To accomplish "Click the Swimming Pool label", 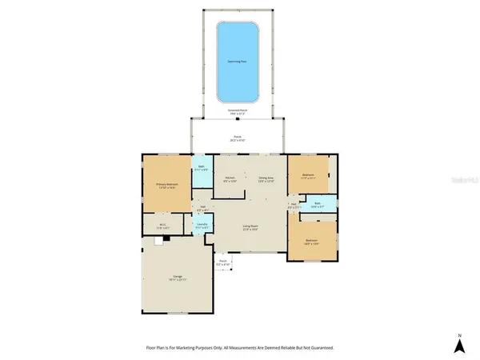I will tap(236, 59).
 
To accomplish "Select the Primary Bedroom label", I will tap(167, 186).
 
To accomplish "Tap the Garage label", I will tap(177, 277).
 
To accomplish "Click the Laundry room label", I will tap(202, 226).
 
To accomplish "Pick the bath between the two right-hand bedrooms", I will tap(317, 204).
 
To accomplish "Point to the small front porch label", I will tap(224, 262).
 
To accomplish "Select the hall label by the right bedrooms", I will tap(294, 205).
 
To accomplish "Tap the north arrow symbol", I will tap(459, 345).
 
